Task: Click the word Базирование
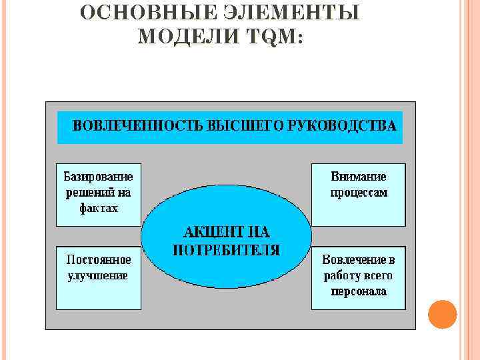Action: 98,177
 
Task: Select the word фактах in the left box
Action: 98,208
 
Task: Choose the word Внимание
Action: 359,177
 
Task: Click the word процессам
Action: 359,192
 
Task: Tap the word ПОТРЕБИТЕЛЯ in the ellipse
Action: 226,250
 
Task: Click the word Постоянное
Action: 98,259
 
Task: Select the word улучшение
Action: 98,275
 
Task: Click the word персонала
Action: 359,291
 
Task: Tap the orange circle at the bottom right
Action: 442,314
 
